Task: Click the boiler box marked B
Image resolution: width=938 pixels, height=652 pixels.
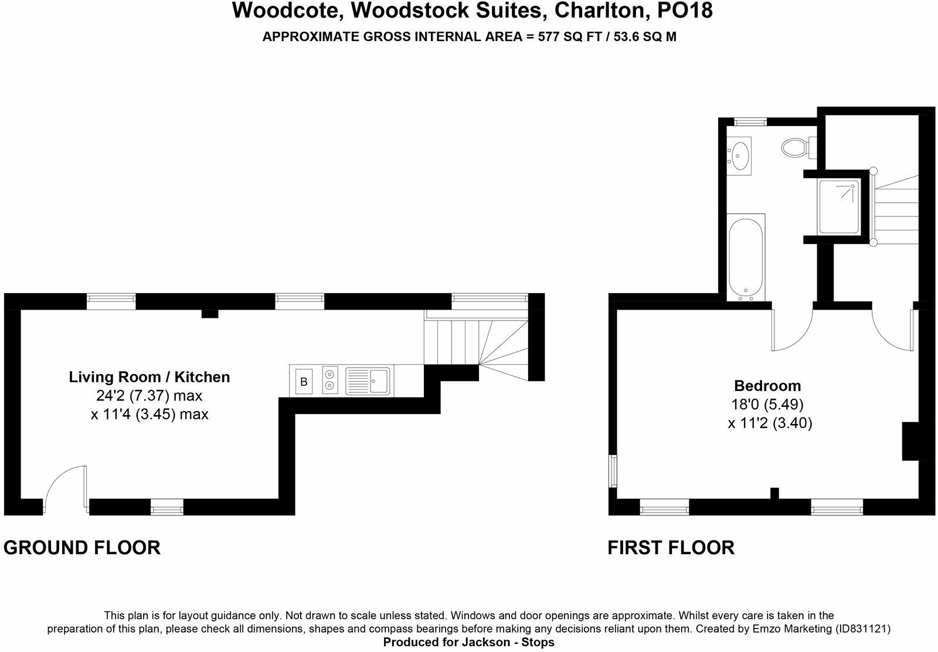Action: click(x=304, y=382)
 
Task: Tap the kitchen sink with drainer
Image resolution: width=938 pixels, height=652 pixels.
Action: click(x=369, y=381)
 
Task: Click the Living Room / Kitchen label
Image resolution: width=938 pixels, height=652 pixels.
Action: click(x=149, y=377)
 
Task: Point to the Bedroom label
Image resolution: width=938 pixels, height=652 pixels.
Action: click(x=767, y=386)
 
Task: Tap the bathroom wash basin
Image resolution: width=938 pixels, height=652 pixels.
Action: click(x=740, y=154)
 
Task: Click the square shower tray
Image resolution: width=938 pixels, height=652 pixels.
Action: click(x=840, y=206)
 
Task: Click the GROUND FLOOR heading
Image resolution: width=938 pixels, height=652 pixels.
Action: click(x=82, y=548)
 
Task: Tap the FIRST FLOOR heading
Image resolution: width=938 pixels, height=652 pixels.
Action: click(x=671, y=548)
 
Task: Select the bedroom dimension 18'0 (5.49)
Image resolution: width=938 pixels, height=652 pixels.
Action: click(x=768, y=405)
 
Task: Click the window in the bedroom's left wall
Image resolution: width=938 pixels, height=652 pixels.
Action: click(x=613, y=471)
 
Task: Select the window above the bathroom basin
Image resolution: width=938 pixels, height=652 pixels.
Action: click(x=751, y=122)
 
